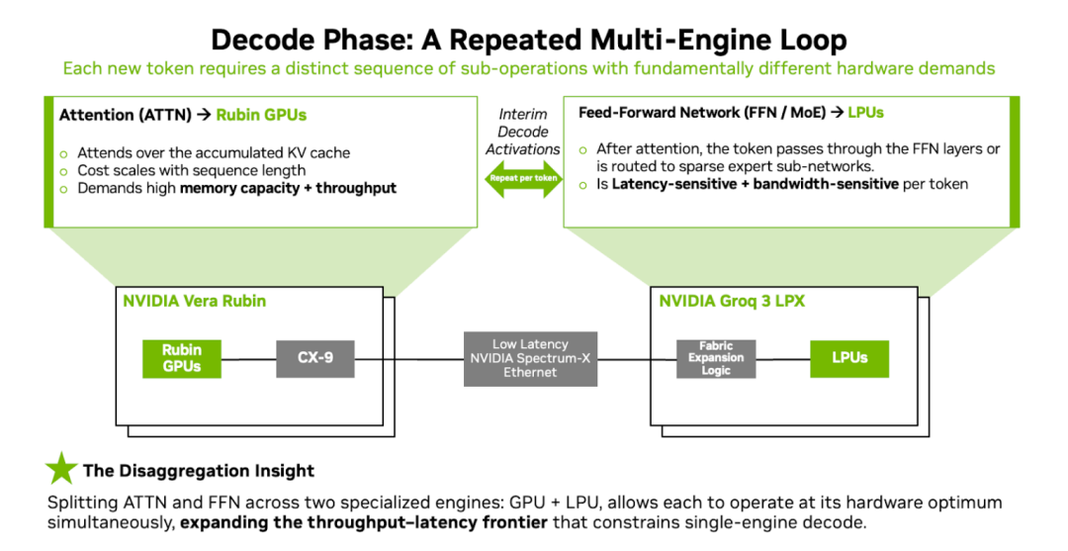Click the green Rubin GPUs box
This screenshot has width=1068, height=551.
coord(182,358)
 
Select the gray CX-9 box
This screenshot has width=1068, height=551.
coord(314,358)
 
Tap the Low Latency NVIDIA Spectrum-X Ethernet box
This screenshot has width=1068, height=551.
coord(530,358)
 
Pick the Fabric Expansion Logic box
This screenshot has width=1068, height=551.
coord(716,358)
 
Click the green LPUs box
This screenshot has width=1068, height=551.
coord(848,358)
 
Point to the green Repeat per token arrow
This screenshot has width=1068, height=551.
coord(522,178)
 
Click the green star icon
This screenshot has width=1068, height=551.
coord(61,469)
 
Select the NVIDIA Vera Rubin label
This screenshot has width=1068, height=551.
coord(194,301)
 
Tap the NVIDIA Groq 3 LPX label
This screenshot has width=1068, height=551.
coord(732,301)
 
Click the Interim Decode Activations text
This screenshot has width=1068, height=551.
coord(523,132)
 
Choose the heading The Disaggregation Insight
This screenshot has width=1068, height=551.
coord(198,471)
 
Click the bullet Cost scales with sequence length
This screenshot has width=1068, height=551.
coord(191,170)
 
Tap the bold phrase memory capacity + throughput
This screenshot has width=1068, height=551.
coord(288,188)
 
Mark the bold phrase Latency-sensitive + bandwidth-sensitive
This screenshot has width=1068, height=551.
coord(755,184)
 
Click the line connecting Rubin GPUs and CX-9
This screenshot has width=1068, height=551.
coord(248,358)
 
